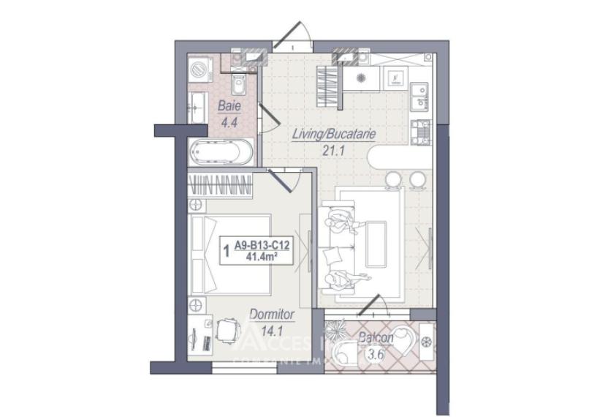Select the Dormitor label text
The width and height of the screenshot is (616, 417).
pyautogui.click(x=272, y=314)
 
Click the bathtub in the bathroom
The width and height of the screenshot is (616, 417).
pyautogui.click(x=220, y=153)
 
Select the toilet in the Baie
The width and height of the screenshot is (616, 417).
pyautogui.click(x=237, y=86)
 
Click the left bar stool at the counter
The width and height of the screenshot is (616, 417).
pyautogui.click(x=393, y=178)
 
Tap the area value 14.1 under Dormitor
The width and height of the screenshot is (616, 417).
pyautogui.click(x=272, y=328)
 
